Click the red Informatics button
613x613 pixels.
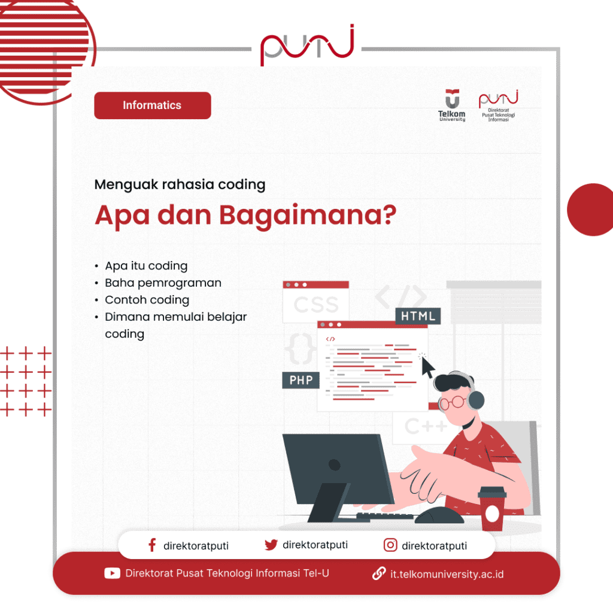[152, 105]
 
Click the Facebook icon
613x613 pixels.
[152, 545]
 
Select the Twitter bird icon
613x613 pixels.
[271, 545]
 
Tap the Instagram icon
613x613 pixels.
[390, 545]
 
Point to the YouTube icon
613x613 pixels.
[112, 573]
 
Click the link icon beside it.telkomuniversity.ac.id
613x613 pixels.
[378, 573]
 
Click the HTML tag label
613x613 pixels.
[418, 316]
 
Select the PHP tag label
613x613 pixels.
[301, 380]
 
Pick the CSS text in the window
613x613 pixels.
[316, 305]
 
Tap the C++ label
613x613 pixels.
[426, 427]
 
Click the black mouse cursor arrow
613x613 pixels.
[427, 367]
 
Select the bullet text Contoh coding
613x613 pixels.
[147, 300]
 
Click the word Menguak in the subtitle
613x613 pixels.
[126, 184]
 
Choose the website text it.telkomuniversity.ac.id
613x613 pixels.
[447, 574]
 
